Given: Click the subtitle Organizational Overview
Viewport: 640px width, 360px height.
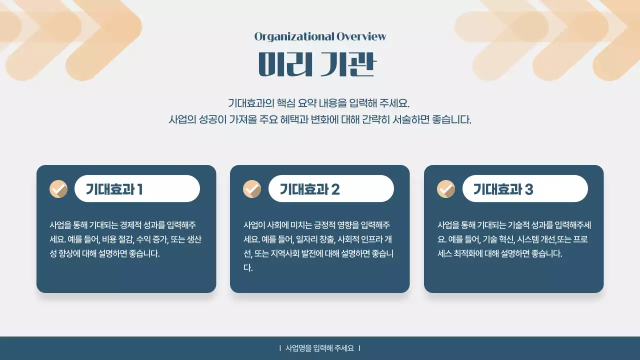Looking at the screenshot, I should [x=320, y=36].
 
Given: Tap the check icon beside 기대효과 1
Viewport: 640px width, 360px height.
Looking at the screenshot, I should [x=58, y=189].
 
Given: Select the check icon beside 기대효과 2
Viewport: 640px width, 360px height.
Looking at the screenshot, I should [x=252, y=189].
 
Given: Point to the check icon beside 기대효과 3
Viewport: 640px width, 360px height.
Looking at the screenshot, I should [x=446, y=189].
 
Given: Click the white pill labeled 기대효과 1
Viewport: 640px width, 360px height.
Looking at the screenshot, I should [x=137, y=188].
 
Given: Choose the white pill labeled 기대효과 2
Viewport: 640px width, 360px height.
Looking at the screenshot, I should [x=331, y=188].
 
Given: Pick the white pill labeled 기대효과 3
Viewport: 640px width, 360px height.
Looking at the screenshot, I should [x=525, y=188].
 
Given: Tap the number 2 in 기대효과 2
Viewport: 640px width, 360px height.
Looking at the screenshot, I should [x=335, y=189].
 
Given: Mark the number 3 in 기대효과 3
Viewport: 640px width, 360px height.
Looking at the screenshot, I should [x=529, y=189].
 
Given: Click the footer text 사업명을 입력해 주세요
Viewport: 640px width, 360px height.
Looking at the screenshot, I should [x=319, y=348].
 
